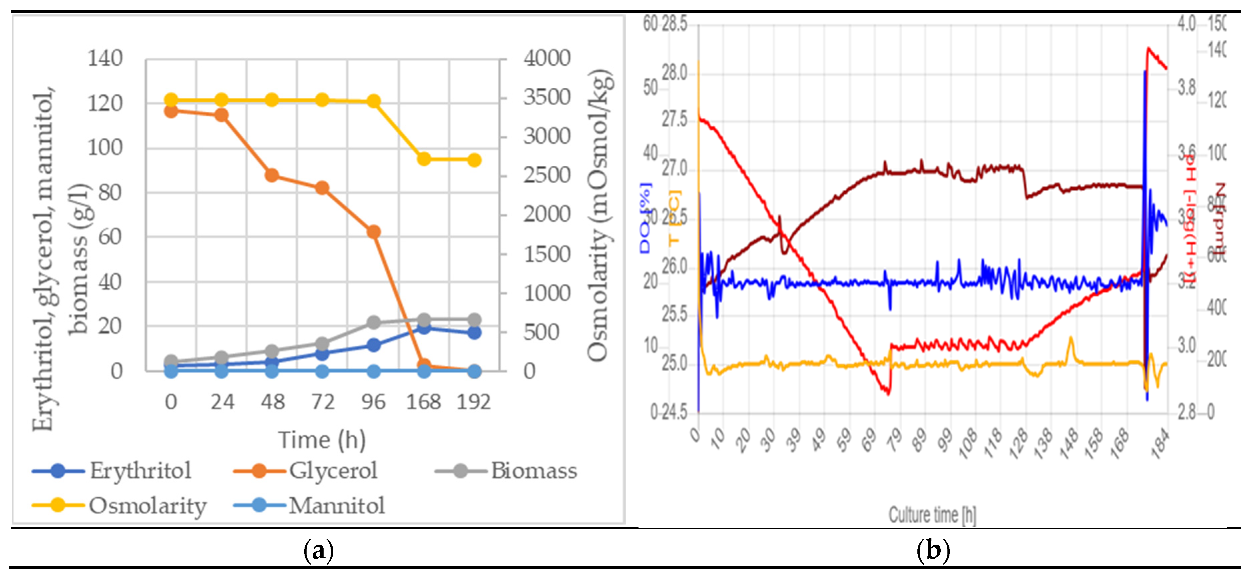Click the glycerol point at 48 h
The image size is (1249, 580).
point(272,175)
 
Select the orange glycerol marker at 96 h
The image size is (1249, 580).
point(373,232)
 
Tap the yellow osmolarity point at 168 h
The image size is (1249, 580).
point(424,159)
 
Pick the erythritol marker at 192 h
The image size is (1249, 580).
point(474,332)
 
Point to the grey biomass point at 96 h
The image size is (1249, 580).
point(373,322)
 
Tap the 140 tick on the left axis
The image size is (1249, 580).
point(105,59)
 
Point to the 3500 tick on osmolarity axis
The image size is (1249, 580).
point(546,97)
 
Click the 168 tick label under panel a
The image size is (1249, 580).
point(423,402)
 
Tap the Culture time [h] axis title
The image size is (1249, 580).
point(932,515)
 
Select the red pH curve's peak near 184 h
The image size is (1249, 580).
point(1148,48)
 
